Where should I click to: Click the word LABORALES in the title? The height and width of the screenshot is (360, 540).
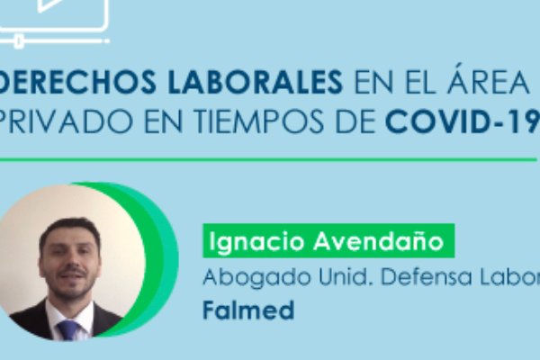(256, 82)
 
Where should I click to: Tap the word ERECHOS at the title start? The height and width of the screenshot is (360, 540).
(78, 82)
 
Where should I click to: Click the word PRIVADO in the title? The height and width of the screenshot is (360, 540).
(66, 121)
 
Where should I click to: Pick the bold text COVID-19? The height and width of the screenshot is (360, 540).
(463, 121)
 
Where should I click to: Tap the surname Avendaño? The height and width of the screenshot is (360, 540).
(379, 241)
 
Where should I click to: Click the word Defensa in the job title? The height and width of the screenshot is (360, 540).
(426, 276)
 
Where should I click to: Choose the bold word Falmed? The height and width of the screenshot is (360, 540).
(248, 310)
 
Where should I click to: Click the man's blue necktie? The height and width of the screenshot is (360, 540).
(69, 330)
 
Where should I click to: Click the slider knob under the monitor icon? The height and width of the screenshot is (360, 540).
(19, 41)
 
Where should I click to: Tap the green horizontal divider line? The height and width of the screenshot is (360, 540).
(268, 160)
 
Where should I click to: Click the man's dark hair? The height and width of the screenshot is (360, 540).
(70, 229)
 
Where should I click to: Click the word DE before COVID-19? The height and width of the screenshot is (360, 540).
(355, 121)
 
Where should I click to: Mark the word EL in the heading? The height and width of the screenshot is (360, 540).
(419, 82)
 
